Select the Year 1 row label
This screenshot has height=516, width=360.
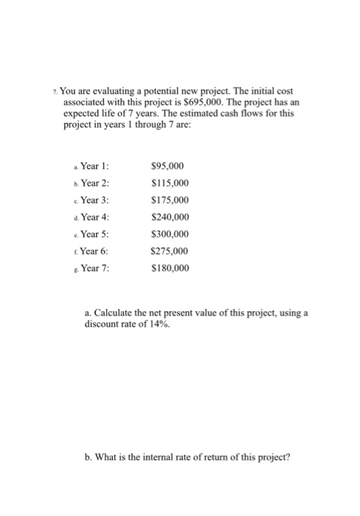pos(94,167)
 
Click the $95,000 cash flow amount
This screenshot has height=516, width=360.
pos(167,167)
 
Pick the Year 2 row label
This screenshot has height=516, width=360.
pos(94,184)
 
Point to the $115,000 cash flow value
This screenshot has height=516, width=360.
pos(170,184)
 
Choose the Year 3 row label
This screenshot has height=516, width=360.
pos(94,201)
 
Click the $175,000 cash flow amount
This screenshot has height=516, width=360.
pos(170,201)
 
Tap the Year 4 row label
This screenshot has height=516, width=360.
pos(94,217)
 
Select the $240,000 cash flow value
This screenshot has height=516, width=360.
pos(170,217)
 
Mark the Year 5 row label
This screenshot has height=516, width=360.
pos(94,234)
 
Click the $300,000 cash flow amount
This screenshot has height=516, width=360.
pos(170,234)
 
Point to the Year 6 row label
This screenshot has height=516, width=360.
pos(94,251)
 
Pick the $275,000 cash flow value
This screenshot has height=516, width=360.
pos(170,251)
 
